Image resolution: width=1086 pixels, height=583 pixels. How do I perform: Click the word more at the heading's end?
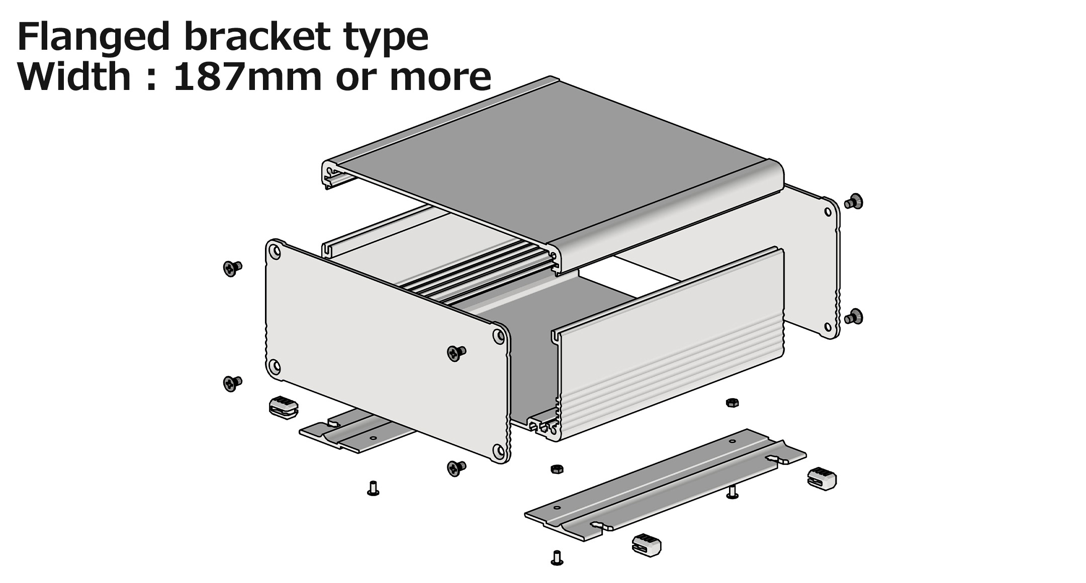tap(440, 78)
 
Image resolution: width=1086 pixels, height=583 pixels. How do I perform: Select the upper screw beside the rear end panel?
tap(854, 202)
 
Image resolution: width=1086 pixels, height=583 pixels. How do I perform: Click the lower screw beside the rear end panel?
tap(854, 317)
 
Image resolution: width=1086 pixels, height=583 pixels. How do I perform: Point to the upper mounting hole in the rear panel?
tap(828, 212)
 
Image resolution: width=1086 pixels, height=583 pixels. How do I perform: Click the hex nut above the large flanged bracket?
tap(732, 402)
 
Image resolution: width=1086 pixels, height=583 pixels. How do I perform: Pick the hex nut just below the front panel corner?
tap(557, 469)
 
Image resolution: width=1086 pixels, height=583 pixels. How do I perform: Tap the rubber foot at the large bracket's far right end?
tap(822, 477)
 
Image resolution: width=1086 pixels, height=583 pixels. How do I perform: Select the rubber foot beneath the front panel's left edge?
tap(284, 408)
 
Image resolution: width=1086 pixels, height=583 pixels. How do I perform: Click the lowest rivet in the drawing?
tap(557, 558)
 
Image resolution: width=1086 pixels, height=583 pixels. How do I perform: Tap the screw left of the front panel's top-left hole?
tap(232, 268)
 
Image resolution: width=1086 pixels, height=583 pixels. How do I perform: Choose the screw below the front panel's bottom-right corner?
tap(456, 468)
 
